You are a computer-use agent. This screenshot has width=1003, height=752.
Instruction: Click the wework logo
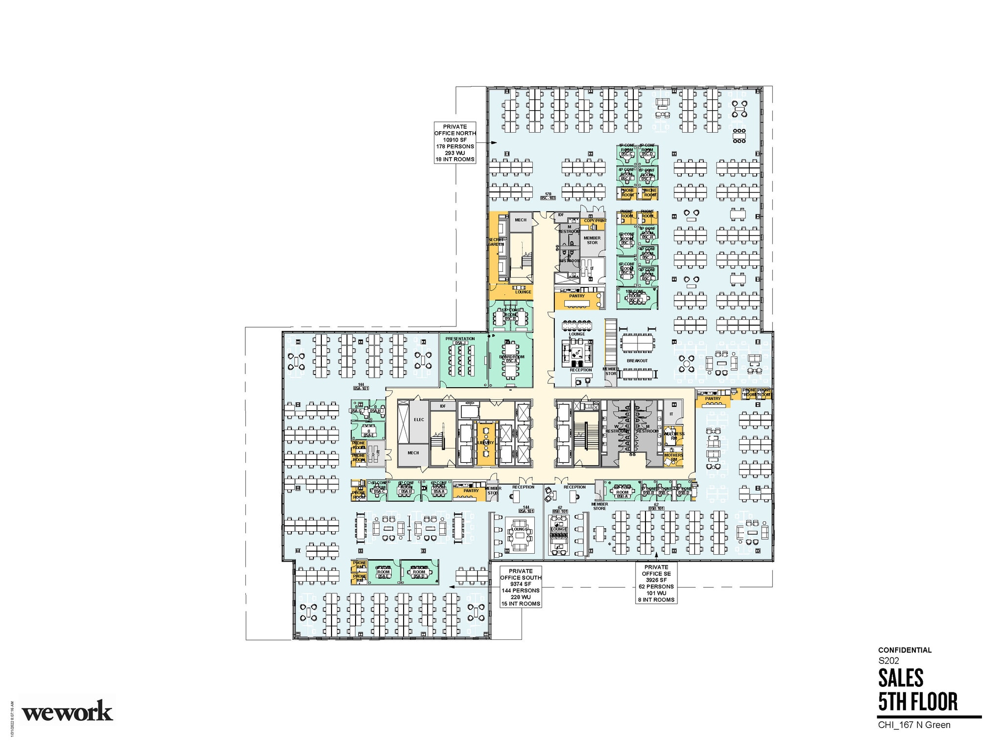point(68,710)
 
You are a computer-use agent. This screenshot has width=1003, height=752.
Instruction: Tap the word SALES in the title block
point(901,678)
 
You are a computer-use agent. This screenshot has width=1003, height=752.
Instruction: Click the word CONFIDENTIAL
point(905,650)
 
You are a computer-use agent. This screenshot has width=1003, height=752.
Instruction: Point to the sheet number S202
point(888,660)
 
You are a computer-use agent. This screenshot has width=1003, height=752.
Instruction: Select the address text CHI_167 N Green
point(914,725)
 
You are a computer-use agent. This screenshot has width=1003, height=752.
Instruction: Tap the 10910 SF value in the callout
point(455,140)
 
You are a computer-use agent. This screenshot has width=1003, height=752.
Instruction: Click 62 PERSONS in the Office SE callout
point(656,587)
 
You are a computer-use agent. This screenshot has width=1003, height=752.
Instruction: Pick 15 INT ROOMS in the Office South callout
point(520,604)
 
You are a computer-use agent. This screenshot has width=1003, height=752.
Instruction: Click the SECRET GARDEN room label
point(496,242)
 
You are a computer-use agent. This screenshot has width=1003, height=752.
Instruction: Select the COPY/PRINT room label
point(595,221)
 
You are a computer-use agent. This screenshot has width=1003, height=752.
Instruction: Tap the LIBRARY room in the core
point(486,443)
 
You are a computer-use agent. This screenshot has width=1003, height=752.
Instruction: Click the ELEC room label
point(419,420)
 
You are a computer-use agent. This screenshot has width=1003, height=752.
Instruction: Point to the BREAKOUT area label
point(637,361)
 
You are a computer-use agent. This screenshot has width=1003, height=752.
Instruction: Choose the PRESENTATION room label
point(460,339)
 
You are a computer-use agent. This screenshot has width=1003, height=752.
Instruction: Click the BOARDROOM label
point(511,357)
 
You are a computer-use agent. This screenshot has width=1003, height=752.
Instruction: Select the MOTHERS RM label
point(673,457)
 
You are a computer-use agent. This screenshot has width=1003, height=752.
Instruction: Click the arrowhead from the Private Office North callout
point(494,142)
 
